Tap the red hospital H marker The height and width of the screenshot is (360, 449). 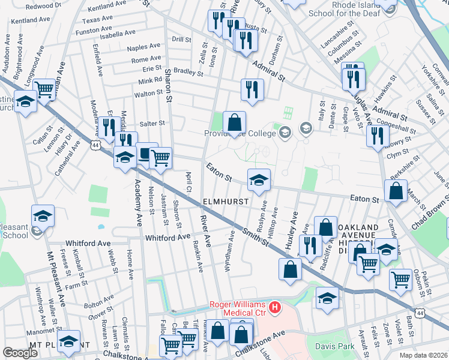pos(275,308)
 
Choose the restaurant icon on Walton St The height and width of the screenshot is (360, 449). pos(252,90)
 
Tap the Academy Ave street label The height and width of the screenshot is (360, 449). pos(137,202)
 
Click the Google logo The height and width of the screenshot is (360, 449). pos(20,353)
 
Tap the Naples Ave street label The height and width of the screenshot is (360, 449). pos(143,46)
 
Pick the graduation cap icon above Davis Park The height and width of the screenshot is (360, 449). pos(327,298)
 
